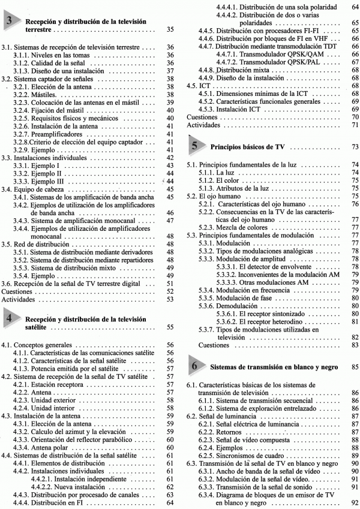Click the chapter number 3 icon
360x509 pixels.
13,23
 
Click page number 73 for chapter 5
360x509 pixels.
354,147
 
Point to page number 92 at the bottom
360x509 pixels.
354,503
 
